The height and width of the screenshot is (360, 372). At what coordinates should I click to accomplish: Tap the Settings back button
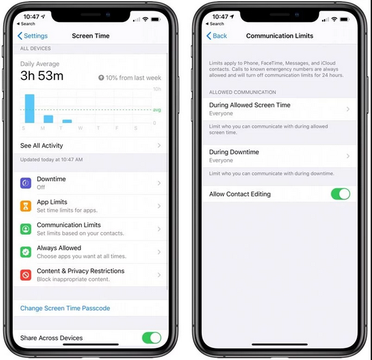(x=33, y=36)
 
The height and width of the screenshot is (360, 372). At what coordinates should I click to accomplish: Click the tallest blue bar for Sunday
(x=30, y=108)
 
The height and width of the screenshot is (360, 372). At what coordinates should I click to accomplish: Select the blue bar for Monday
(x=49, y=119)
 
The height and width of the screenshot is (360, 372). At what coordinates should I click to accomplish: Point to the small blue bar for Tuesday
(x=67, y=121)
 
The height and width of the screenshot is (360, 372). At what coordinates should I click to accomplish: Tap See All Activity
(x=41, y=145)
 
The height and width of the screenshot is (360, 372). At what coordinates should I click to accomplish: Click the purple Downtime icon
(x=26, y=183)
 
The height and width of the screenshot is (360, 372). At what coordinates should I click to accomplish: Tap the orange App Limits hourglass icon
(x=26, y=206)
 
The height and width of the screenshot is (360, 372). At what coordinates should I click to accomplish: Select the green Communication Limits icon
(x=26, y=229)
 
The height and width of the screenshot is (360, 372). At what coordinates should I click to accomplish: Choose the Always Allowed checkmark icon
(x=26, y=252)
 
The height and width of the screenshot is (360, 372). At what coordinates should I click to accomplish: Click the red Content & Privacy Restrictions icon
(x=26, y=275)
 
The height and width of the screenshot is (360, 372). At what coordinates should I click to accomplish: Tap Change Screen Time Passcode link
(x=65, y=308)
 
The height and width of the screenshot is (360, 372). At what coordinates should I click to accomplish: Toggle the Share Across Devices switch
(x=152, y=337)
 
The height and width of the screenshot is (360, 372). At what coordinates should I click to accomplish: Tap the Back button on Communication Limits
(x=216, y=36)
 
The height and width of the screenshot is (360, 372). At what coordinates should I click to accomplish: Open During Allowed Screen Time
(x=250, y=105)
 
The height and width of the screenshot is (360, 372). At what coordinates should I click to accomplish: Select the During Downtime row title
(x=234, y=152)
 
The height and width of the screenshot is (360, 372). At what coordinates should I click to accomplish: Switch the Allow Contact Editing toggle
(x=341, y=194)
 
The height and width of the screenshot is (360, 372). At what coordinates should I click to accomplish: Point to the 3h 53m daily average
(x=42, y=76)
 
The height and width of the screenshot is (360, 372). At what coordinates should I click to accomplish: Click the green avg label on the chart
(x=157, y=110)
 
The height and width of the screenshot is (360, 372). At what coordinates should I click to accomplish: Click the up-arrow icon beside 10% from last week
(x=101, y=78)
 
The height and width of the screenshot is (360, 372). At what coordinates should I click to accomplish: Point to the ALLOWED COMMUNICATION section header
(x=242, y=92)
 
